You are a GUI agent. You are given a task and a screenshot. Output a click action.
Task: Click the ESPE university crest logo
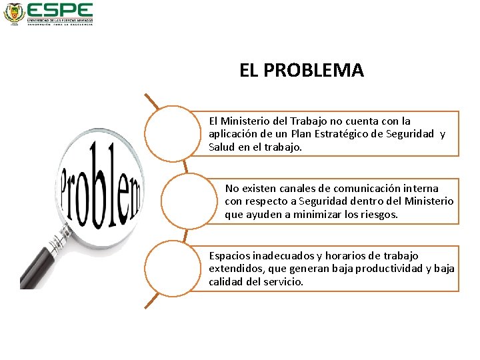click(x=13, y=13)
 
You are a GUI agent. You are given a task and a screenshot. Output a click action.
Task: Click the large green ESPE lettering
click(x=60, y=10)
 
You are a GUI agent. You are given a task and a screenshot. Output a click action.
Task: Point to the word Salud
click(x=221, y=147)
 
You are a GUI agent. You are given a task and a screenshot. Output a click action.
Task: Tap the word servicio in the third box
click(x=284, y=282)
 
